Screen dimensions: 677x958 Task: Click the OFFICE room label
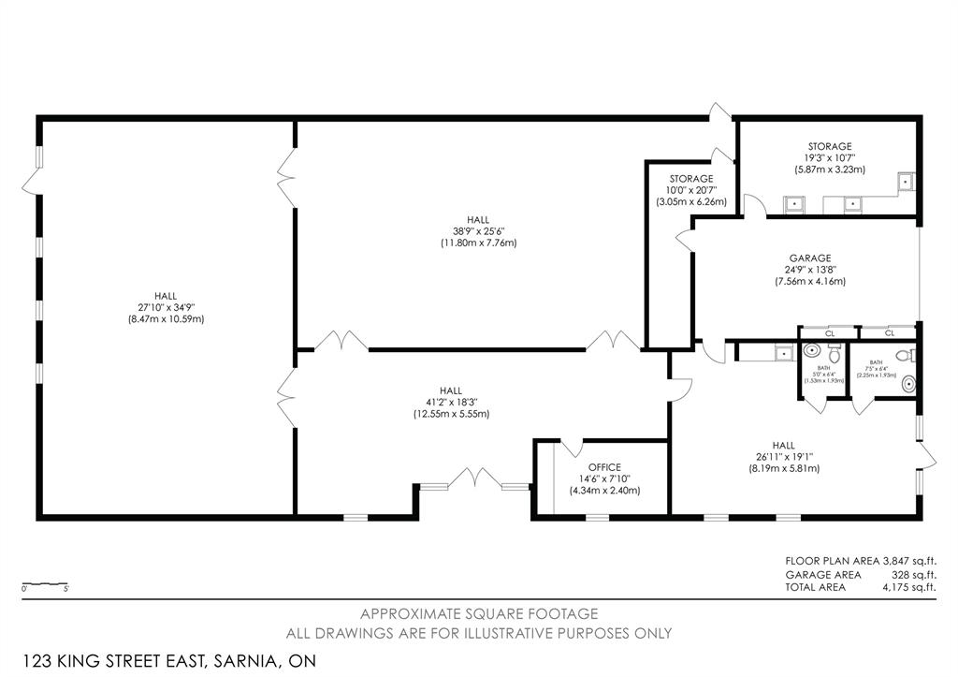[604, 467]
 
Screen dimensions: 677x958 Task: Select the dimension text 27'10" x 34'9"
[166, 307]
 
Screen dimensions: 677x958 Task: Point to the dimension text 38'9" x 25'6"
[478, 231]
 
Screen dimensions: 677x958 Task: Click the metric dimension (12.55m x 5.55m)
[451, 414]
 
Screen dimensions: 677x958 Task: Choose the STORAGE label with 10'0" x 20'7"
[691, 179]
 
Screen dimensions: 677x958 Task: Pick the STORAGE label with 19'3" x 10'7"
[830, 146]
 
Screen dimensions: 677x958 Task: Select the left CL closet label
[829, 332]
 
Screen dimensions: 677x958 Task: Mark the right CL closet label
[889, 332]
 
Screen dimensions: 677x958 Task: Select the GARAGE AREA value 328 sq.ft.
[913, 574]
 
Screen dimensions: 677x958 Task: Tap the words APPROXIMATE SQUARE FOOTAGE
[479, 614]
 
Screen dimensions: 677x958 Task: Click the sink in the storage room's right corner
[906, 182]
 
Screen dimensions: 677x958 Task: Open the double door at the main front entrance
[475, 478]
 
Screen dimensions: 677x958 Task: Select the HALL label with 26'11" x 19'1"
[783, 446]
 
